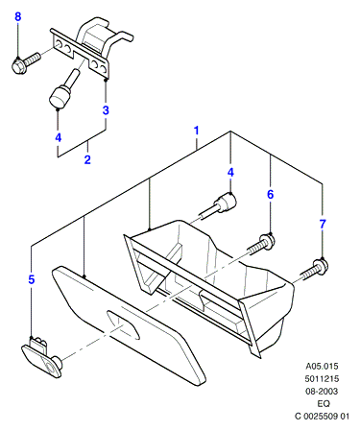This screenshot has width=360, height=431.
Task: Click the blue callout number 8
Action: point(18,16)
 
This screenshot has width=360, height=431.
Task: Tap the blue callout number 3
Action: point(106,110)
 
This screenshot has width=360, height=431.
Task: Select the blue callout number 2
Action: point(87,159)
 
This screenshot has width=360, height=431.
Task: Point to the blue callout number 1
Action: point(197,131)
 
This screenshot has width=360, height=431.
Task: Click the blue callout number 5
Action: point(31,279)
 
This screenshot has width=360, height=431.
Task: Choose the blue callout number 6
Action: point(271,194)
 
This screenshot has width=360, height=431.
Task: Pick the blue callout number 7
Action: point(323,224)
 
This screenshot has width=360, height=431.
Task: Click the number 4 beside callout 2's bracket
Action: point(58,137)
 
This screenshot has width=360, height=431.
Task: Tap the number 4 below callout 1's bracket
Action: point(230,172)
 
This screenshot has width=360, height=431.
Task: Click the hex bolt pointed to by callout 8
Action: point(26,63)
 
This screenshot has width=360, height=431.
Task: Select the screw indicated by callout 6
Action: point(261,244)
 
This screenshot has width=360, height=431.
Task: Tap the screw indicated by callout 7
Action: point(315,269)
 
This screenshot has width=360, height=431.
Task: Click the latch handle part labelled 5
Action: point(41,357)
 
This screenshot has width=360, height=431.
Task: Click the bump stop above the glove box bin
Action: point(219,206)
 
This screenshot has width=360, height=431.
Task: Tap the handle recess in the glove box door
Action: point(123,324)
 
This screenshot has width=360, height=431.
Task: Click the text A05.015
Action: point(322,366)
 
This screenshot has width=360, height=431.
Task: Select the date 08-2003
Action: point(322,391)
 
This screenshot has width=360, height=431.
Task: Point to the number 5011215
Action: point(322,379)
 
